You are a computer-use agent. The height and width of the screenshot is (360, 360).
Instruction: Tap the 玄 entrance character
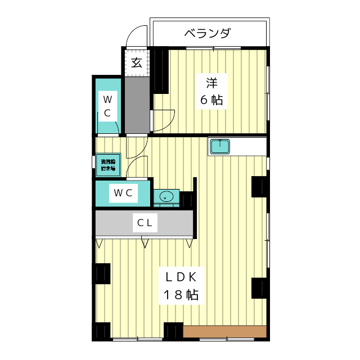[x=137, y=62]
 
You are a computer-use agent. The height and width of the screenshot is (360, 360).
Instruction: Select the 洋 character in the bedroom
[x=211, y=83]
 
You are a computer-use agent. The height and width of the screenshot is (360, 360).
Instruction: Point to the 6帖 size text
[x=211, y=100]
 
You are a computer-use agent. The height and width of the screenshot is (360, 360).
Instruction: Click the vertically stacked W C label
[x=107, y=106]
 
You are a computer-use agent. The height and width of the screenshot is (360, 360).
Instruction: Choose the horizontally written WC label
[x=123, y=193]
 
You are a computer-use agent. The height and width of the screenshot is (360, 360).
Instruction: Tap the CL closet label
[x=145, y=223]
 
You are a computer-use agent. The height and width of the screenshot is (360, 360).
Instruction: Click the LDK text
[x=180, y=277]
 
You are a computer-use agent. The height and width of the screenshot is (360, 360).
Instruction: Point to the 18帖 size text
[x=180, y=295]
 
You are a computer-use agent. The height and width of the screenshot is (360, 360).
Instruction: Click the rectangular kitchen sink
[x=219, y=147]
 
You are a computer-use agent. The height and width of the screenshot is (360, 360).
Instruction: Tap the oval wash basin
[x=166, y=197]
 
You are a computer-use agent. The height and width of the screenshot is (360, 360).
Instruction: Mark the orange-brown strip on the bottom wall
[x=224, y=332]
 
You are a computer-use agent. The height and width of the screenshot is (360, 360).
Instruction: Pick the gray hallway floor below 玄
[x=137, y=104]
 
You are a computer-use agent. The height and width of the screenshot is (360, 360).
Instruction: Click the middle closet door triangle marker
[x=145, y=243]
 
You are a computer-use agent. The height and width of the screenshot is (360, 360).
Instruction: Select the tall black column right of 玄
[x=160, y=71]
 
